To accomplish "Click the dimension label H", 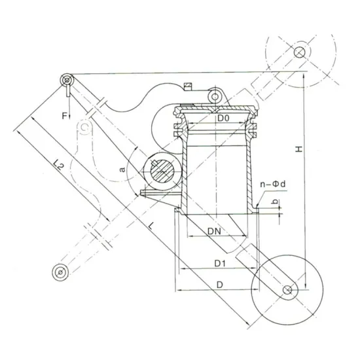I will [x=298, y=149].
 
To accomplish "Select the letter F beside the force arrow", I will [x=64, y=116].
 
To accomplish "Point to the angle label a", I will [x=122, y=169].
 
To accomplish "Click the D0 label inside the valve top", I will [x=223, y=118].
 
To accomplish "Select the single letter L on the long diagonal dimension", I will [x=153, y=226].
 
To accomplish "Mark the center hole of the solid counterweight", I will [x=287, y=289].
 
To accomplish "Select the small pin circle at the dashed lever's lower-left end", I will [x=60, y=270].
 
